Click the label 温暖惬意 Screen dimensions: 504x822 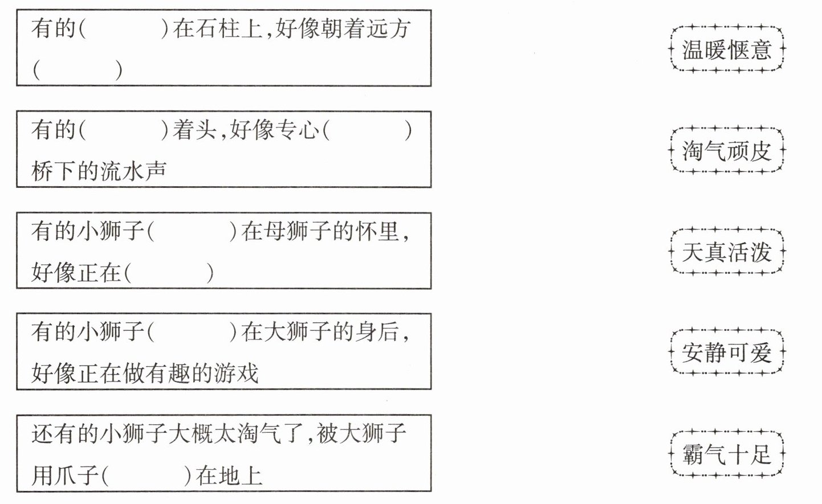point(727,50)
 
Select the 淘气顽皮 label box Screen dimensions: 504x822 point(727,151)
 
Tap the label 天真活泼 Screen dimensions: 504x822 point(727,252)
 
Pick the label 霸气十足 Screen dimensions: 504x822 point(727,454)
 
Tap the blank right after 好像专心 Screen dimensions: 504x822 point(367,130)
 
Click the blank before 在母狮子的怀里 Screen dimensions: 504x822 point(192,232)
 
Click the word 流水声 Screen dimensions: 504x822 point(133,171)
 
